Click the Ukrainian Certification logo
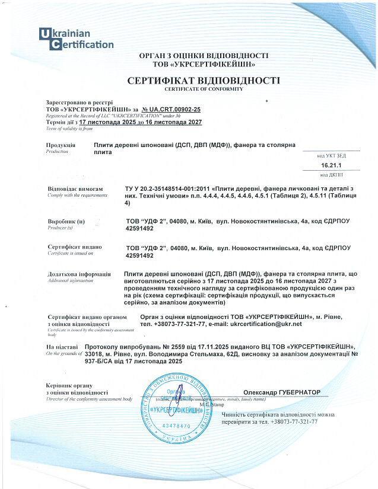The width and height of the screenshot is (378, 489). click(x=75, y=39)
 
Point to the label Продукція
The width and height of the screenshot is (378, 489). click(x=61, y=145)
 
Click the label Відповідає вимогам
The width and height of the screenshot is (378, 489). click(x=71, y=188)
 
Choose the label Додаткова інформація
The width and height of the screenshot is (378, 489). click(x=78, y=274)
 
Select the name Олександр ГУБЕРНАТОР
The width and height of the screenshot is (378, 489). click(x=281, y=392)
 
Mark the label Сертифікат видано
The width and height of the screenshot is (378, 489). click(x=74, y=247)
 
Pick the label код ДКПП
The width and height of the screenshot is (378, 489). click(x=331, y=174)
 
